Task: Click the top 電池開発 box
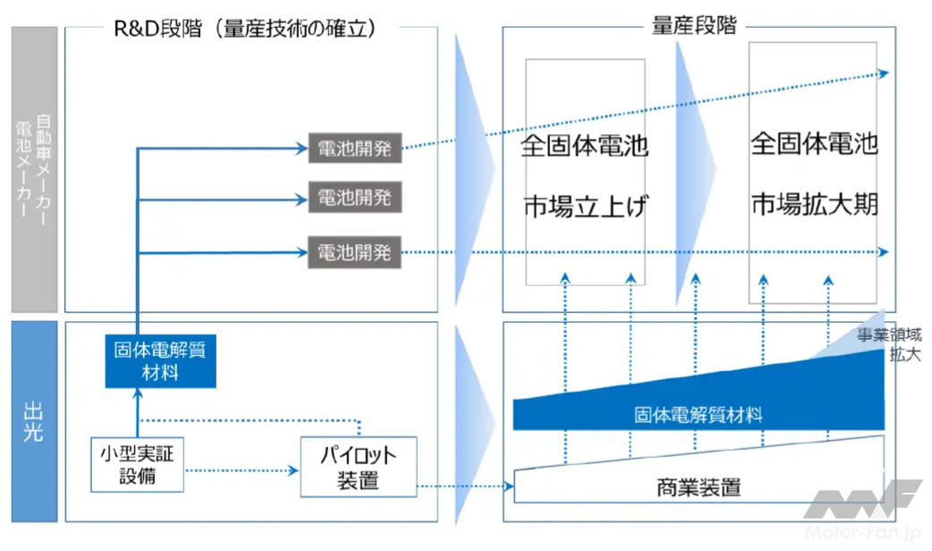355,149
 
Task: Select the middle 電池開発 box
355,198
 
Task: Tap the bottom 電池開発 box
355,251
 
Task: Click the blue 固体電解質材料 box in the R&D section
160,360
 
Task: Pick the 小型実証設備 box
137,464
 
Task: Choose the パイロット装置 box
358,468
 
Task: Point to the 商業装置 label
699,488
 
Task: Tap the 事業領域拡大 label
888,344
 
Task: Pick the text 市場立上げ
585,207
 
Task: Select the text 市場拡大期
814,204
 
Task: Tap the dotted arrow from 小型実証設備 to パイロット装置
241,470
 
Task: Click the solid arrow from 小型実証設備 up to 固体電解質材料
138,412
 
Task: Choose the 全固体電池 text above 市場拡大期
814,145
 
